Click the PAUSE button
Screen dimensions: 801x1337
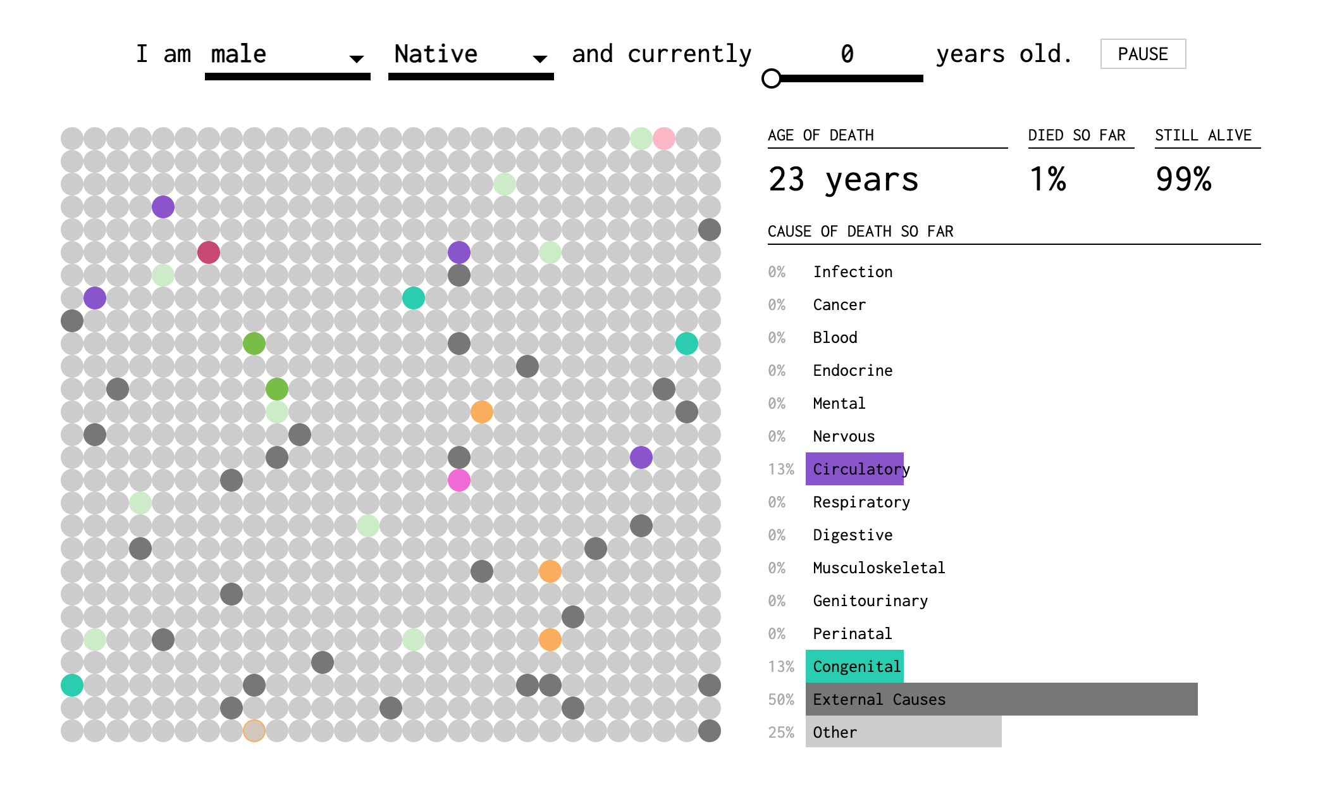(1143, 54)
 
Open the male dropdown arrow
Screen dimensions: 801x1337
(357, 59)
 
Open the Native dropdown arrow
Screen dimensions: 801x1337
(539, 59)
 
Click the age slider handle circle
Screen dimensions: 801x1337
(772, 78)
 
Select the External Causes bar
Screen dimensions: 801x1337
(1001, 699)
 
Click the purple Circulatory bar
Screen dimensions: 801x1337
(854, 469)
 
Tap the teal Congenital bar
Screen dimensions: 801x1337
(854, 666)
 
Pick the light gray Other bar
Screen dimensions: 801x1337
(903, 732)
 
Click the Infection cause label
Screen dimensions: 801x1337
(853, 272)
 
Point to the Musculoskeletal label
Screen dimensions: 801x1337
(878, 568)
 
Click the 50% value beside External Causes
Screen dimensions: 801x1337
(781, 700)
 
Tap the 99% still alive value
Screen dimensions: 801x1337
(1183, 179)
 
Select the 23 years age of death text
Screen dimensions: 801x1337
(843, 180)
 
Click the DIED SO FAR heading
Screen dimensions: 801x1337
(1076, 135)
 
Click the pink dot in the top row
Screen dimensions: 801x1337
(664, 139)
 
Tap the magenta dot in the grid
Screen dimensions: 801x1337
(459, 480)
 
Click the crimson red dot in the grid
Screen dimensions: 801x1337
(209, 252)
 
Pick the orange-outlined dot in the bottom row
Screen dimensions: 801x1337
(254, 731)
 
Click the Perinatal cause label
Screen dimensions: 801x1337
(852, 634)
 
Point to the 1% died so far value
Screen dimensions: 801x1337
(1047, 179)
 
